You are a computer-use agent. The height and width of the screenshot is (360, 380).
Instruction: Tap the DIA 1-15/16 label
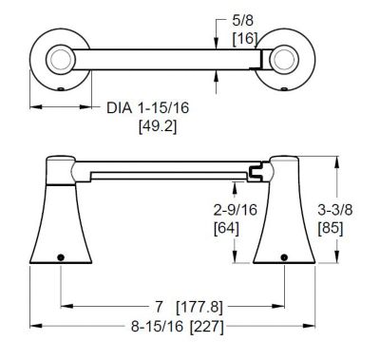[x=147, y=108]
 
